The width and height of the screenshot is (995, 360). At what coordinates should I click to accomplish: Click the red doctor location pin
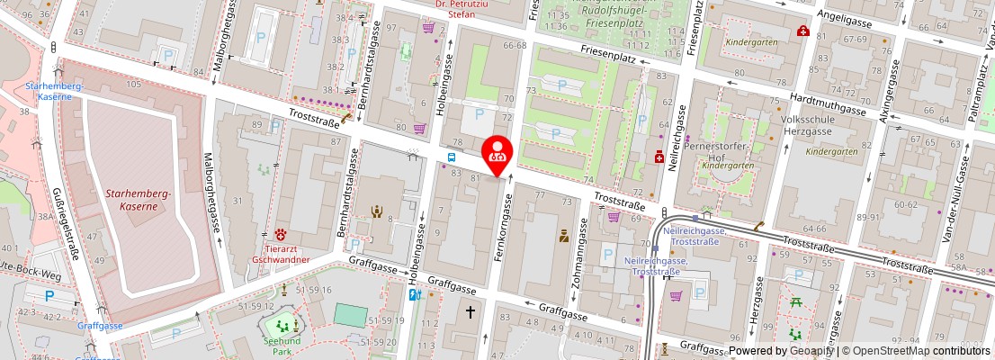(x=497, y=153)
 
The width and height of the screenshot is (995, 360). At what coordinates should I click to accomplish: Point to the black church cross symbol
(x=470, y=312)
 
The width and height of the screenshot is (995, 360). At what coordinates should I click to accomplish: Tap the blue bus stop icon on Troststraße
(x=452, y=159)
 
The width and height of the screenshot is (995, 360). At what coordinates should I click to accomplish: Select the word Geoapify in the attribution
(x=813, y=351)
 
